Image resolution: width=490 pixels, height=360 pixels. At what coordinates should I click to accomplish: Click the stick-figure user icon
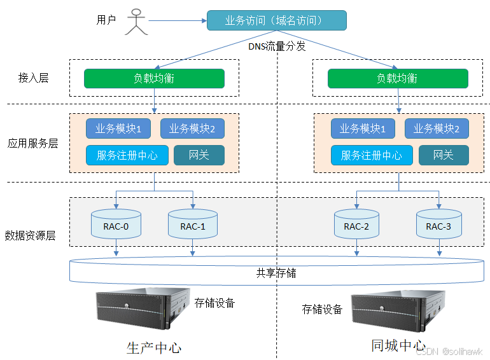[136, 21]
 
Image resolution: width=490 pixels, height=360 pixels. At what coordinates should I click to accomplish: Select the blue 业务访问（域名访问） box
[276, 20]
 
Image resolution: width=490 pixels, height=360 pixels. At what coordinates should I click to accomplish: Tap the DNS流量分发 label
[277, 46]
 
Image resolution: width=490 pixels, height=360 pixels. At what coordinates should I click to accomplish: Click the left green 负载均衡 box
[154, 79]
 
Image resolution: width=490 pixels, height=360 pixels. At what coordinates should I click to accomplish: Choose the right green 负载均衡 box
[398, 79]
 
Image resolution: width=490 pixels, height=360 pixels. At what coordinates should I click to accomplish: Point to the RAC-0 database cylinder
[116, 223]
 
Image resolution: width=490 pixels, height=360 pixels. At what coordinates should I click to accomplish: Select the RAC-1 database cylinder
[193, 225]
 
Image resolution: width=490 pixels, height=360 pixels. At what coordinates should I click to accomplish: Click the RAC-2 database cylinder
[356, 225]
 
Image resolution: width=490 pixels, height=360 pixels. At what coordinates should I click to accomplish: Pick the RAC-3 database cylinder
[438, 225]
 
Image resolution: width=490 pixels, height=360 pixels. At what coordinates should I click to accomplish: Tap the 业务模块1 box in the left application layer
[118, 129]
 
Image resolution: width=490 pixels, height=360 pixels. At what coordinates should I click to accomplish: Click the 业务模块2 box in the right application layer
[437, 129]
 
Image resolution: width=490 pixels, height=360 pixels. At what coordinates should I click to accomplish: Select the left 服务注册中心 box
[127, 155]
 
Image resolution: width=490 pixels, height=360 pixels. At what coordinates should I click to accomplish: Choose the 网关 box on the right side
[443, 155]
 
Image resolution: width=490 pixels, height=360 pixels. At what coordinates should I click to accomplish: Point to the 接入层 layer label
[34, 78]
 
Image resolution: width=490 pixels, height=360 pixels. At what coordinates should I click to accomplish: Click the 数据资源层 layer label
[30, 235]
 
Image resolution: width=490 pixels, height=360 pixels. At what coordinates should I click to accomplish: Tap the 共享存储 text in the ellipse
[276, 273]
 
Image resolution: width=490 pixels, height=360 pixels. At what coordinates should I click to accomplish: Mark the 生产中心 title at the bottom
[154, 349]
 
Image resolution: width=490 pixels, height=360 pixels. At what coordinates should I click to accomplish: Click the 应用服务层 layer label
[32, 143]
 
